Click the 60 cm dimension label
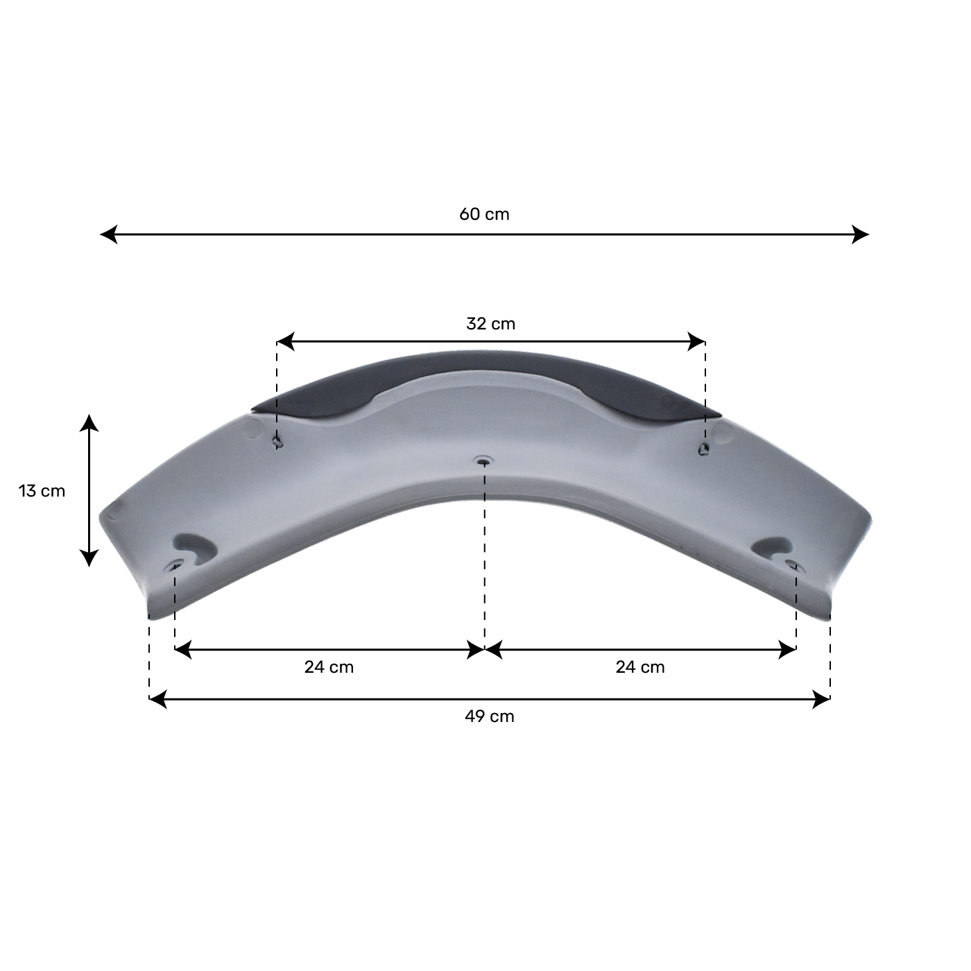[484, 214]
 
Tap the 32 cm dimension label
[490, 324]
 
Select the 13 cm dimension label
[42, 491]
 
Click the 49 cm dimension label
[490, 716]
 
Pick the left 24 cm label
[329, 667]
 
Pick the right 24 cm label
[640, 667]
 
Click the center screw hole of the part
[483, 461]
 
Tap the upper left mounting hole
[277, 441]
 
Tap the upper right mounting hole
[703, 449]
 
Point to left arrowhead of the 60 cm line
[108, 234]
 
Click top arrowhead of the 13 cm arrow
[89, 422]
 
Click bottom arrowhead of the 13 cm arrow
[89, 559]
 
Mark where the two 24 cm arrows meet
[484, 650]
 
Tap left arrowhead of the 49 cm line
[157, 699]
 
